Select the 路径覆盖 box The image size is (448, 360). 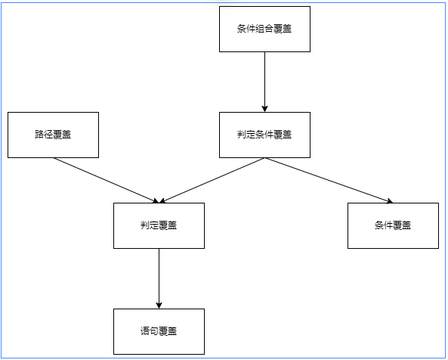[x=53, y=135]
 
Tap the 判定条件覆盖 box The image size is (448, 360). [x=264, y=135]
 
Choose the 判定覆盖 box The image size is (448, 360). [x=159, y=225]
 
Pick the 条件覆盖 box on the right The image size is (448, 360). [x=393, y=225]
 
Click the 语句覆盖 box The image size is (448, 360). [x=159, y=331]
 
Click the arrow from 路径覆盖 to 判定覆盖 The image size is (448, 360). [x=106, y=180]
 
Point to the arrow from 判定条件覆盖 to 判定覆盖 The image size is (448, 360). [x=212, y=181]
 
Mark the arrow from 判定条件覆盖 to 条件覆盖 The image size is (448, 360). [x=329, y=181]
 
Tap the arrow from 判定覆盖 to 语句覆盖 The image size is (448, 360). [x=159, y=278]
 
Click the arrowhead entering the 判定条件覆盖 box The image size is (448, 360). [x=264, y=108]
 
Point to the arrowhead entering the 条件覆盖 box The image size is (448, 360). [x=389, y=200]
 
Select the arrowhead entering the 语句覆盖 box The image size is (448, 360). [x=159, y=305]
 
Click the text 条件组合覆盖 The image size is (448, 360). [x=264, y=29]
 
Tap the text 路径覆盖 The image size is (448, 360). [x=53, y=135]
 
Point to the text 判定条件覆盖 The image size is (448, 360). [x=264, y=135]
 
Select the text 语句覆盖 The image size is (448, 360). [x=159, y=331]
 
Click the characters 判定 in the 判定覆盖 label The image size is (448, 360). [x=150, y=225]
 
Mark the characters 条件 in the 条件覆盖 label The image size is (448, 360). [x=384, y=225]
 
